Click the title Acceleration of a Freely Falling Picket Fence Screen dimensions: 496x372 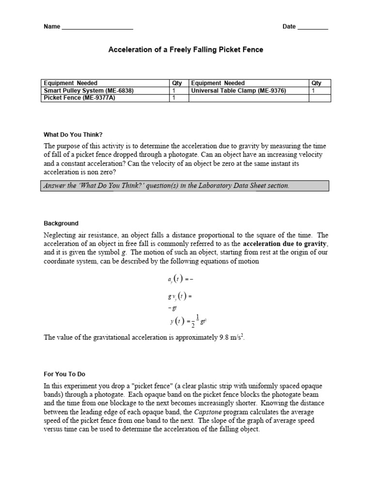point(186,50)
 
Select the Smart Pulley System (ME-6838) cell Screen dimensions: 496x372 point(88,91)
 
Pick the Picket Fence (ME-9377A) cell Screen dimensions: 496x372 point(80,98)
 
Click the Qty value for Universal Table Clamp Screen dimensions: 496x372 point(313,91)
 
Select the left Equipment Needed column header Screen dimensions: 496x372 point(70,83)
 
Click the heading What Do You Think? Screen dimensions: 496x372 point(73,134)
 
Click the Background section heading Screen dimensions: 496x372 point(61,223)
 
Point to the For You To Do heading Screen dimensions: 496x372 point(64,374)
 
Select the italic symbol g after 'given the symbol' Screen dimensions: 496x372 point(125,252)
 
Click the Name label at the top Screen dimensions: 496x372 point(52,27)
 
